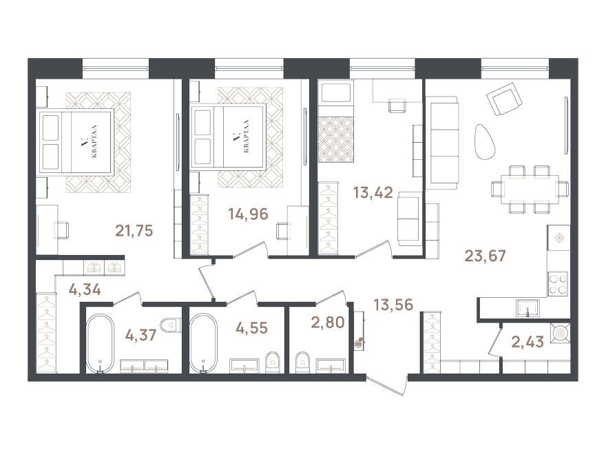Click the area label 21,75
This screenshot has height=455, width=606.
point(134,230)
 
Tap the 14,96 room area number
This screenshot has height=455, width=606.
point(248,214)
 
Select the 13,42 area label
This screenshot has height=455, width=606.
point(373,192)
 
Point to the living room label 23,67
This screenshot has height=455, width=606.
point(485,256)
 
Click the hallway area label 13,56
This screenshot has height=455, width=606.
point(393,305)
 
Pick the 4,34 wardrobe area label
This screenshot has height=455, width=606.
point(85,289)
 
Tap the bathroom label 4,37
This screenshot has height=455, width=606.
point(140,335)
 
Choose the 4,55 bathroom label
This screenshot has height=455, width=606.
point(251,328)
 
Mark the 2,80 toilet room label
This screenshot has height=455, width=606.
point(328,322)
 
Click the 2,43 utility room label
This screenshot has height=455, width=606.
point(528,342)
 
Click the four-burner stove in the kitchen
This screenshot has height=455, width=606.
point(557,283)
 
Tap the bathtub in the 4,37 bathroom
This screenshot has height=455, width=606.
point(100,343)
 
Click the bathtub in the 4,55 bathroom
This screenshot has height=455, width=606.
point(203,343)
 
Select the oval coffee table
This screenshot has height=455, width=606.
point(485,141)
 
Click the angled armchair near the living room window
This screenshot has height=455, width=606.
point(504,99)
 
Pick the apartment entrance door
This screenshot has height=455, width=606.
point(386,385)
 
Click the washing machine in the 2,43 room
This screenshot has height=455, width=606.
point(560,333)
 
